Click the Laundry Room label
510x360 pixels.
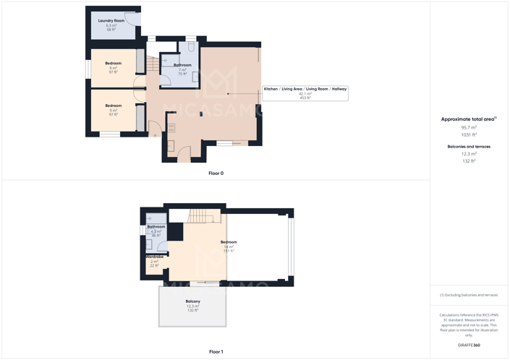coord(111,21)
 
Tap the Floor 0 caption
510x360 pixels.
coord(216,173)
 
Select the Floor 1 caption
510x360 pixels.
coord(216,352)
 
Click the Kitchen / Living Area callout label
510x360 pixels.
coord(305,89)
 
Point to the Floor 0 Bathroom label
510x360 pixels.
coord(182,66)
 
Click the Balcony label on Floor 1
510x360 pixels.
coord(192,301)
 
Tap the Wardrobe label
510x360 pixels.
coord(154,257)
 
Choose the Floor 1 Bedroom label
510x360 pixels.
coord(229,242)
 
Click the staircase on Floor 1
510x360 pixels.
coord(201,216)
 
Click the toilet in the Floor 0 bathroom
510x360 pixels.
coord(192,47)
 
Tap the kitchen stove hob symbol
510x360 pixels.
coord(172,128)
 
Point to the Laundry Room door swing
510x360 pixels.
coord(132,17)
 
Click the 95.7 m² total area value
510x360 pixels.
coord(469,127)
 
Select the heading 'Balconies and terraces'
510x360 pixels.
coord(469,147)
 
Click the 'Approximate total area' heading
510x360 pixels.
coord(468,119)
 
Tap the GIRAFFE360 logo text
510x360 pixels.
coord(469,346)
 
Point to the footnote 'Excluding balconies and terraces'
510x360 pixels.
coord(469,295)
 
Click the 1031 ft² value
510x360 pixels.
coord(469,135)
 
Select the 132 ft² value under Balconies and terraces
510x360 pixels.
coord(469,161)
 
